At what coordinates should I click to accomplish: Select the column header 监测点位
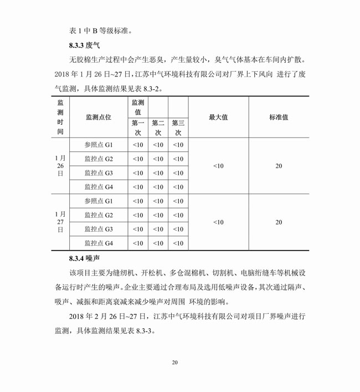(99, 118)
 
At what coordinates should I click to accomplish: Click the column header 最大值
(218, 118)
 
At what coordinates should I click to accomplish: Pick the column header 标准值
(279, 118)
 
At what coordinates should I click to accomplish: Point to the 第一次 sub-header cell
(138, 128)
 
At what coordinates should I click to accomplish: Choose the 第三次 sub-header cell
(178, 128)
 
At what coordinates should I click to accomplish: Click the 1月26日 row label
(60, 166)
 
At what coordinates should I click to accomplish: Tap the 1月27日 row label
(60, 222)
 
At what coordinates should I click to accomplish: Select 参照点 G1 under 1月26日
(99, 145)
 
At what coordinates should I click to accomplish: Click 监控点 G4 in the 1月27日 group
(99, 243)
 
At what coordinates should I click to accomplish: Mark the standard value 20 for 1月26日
(279, 166)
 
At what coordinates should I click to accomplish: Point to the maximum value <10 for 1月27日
(218, 222)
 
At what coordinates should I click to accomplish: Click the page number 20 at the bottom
(174, 363)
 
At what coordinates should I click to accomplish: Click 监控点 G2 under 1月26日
(99, 159)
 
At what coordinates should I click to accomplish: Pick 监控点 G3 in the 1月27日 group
(99, 229)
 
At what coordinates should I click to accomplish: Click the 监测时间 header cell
(60, 118)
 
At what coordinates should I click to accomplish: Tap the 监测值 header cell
(138, 107)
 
